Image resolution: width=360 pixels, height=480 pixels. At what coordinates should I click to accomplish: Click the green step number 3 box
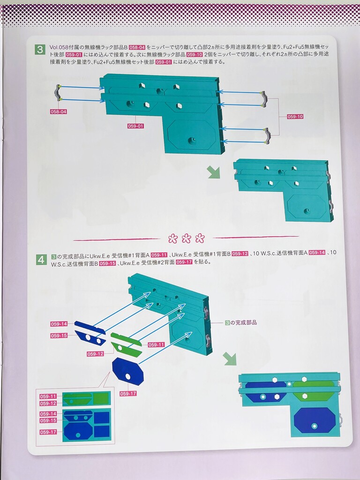coord(40,49)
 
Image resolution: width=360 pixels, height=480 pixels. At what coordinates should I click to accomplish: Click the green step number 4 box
coord(42,260)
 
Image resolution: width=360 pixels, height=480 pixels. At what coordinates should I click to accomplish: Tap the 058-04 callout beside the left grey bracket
coord(59,112)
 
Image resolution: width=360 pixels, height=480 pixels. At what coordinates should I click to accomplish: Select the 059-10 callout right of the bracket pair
coord(295,117)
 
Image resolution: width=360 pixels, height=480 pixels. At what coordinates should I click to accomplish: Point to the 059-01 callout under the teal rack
coord(135,126)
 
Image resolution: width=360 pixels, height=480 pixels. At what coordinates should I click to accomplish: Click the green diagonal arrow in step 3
coord(214,172)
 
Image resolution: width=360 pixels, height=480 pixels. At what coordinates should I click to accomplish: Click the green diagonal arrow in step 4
coord(230,359)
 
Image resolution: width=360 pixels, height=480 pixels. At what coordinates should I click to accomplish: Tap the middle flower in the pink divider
coord(187,238)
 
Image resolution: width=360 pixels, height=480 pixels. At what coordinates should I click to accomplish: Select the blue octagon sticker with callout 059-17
coord(127,371)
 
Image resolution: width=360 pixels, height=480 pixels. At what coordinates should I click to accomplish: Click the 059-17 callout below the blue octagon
coord(128,394)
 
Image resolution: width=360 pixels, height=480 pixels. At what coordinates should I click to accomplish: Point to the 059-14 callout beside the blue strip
coord(59,324)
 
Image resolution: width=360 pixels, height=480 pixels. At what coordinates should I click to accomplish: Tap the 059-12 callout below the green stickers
coord(95,354)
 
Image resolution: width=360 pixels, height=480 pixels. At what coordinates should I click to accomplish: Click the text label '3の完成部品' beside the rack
coord(241,322)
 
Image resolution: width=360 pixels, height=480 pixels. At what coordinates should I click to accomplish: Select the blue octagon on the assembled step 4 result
coord(315,420)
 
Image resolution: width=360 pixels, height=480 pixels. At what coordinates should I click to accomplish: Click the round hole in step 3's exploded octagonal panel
coord(192,141)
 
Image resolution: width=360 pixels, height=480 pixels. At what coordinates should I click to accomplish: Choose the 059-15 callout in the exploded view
coord(59,336)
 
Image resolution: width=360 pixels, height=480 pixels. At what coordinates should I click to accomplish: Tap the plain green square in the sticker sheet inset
coord(101,398)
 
